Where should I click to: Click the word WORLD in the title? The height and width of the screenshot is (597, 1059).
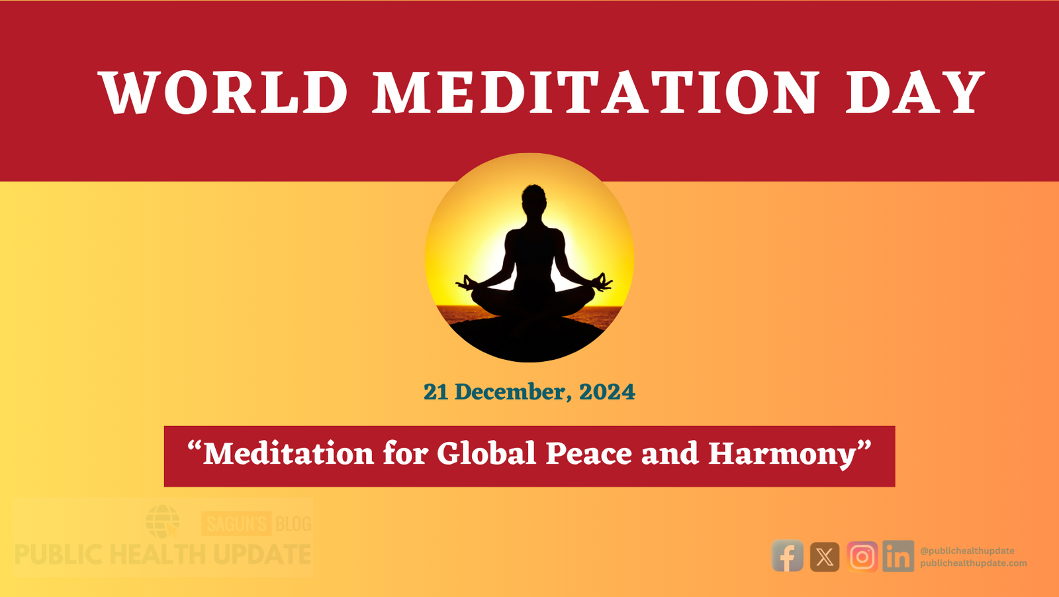point(223,92)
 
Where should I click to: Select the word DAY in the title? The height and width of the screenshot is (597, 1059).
point(915,92)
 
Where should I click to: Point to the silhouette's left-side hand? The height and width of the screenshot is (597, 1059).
point(467,283)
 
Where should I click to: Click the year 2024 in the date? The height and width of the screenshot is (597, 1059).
point(607,392)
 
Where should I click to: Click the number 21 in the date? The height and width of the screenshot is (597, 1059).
point(436,392)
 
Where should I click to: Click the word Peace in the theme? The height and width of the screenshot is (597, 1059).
point(588,454)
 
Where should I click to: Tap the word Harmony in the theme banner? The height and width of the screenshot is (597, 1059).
point(782,455)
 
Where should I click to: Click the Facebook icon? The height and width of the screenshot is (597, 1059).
point(787,556)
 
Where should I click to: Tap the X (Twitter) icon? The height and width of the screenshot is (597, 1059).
point(825,557)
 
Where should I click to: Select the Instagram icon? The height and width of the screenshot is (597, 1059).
point(862,557)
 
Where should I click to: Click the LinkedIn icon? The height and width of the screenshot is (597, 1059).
point(898,556)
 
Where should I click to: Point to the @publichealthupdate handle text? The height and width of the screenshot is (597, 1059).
point(967,551)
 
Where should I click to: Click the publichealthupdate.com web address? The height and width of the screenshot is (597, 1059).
point(974,563)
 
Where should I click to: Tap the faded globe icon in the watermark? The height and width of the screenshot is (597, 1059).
point(162,521)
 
